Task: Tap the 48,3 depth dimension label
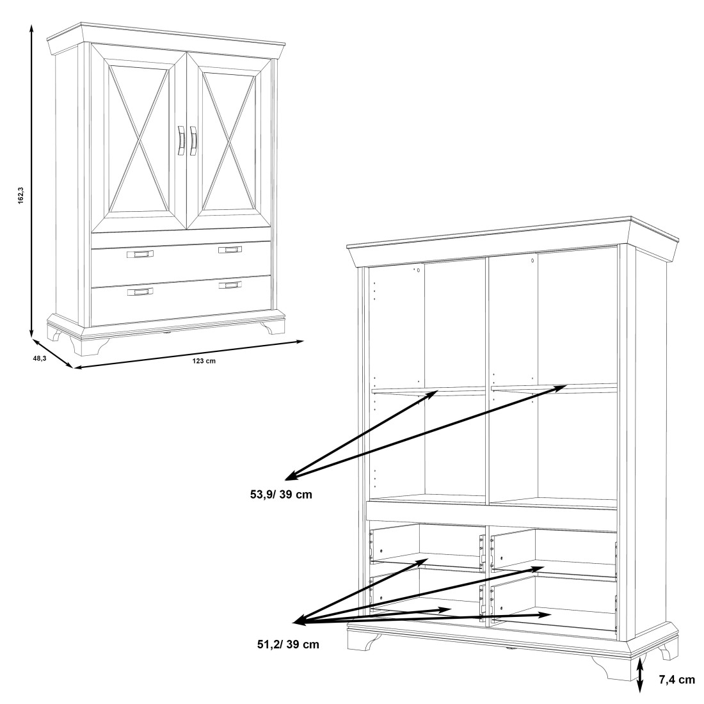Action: click(40, 358)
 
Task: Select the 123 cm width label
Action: click(204, 361)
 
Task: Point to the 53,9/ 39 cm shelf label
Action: click(281, 495)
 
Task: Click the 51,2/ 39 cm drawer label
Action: click(288, 644)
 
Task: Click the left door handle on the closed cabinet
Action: click(181, 141)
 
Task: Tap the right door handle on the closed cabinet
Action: click(193, 141)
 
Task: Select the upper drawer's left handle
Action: click(140, 254)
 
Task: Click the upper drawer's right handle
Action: click(230, 249)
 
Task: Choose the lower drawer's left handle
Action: click(140, 292)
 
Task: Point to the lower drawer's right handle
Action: click(230, 285)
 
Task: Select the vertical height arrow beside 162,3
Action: click(31, 180)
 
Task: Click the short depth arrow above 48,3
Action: click(52, 354)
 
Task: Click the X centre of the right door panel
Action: click(230, 141)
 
